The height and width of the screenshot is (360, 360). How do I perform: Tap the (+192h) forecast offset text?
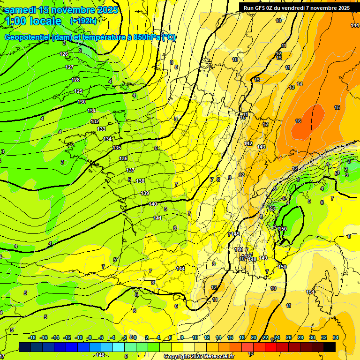(x=83, y=21)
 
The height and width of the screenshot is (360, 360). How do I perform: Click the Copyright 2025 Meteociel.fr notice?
(x=199, y=357)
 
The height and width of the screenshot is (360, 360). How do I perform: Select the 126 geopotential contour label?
(x=64, y=54)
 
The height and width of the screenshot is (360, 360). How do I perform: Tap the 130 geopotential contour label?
(x=82, y=102)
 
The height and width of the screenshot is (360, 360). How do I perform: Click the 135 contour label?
(x=117, y=148)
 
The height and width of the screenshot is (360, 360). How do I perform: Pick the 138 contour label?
(x=140, y=181)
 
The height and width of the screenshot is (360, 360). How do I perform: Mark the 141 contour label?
(x=157, y=218)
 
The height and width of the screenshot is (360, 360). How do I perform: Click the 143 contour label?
(x=261, y=147)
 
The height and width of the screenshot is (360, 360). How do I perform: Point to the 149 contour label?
(x=263, y=258)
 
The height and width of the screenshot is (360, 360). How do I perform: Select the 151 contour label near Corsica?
(x=310, y=292)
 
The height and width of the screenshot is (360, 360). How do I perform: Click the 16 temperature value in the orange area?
(x=298, y=121)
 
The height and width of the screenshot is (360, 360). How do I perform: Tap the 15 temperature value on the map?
(x=337, y=107)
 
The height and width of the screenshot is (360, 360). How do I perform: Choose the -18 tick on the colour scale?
(x=32, y=337)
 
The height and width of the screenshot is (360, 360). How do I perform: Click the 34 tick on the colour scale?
(x=335, y=337)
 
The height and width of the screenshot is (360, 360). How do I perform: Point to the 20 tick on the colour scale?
(x=254, y=337)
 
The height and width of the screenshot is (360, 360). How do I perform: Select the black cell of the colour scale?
(x=330, y=347)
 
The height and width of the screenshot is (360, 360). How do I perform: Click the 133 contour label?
(x=101, y=129)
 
